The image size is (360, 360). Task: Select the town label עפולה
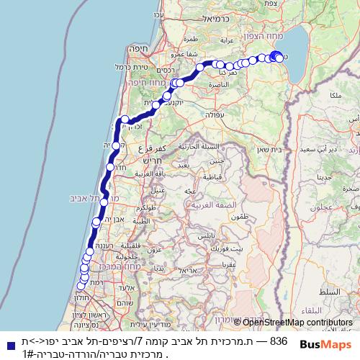coord(216,114)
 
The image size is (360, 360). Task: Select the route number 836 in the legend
coord(279,341)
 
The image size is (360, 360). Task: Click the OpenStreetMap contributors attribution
coord(297,323)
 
